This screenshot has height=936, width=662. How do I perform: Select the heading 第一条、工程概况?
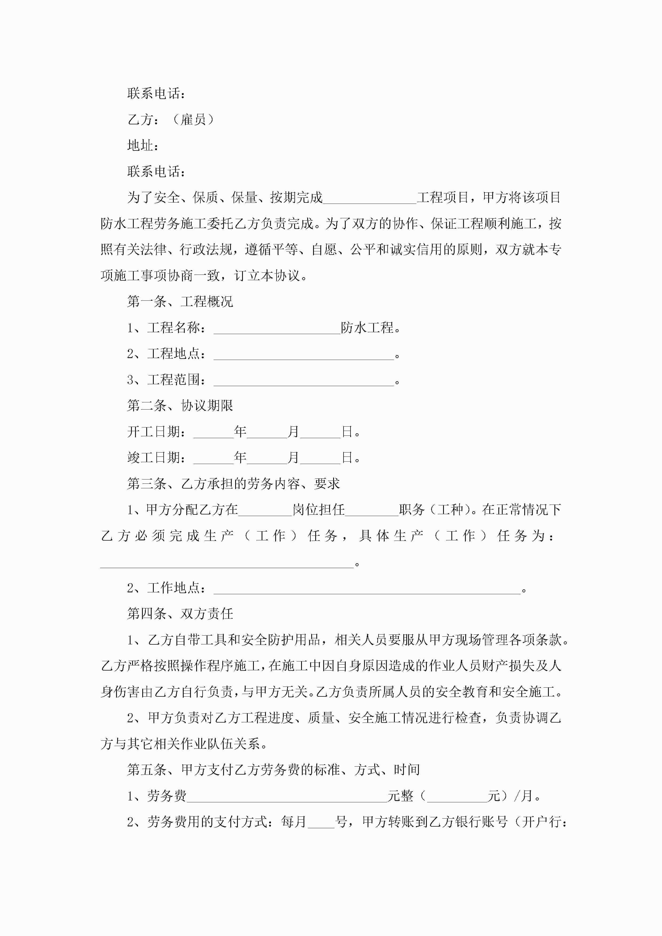click(180, 302)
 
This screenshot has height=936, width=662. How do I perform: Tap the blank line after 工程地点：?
click(304, 355)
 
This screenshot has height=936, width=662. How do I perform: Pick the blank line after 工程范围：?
click(304, 381)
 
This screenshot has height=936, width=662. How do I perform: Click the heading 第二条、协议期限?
click(180, 406)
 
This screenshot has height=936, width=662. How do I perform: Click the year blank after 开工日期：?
click(213, 433)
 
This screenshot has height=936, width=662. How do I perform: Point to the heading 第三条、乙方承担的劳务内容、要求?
click(233, 484)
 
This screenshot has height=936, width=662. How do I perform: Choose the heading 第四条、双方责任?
click(180, 614)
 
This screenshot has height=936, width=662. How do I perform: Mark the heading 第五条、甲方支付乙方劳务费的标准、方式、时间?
click(273, 770)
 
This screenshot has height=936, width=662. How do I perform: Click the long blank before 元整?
click(287, 796)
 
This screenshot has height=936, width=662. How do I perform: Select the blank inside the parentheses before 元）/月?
click(457, 796)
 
